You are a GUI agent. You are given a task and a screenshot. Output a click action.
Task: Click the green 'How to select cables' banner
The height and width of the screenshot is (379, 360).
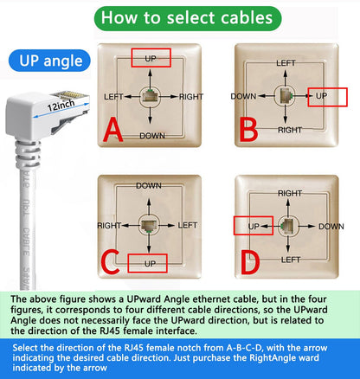pos(179,18)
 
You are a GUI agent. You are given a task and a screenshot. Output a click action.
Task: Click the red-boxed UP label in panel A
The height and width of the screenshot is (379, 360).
pos(151,58)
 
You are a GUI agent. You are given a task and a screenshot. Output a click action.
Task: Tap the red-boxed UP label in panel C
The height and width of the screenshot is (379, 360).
pos(147,263)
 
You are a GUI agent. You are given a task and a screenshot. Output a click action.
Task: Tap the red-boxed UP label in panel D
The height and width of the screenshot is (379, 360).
pos(254,226)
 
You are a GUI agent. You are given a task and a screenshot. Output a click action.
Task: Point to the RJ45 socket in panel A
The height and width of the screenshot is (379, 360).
pos(151,97)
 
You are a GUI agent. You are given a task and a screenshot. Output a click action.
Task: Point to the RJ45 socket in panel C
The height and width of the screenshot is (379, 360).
pos(147,225)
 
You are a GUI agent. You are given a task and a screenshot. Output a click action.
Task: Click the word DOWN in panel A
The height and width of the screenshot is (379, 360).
pos(151,136)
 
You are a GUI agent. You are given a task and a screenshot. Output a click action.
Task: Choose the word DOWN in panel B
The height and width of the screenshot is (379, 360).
pos(243,96)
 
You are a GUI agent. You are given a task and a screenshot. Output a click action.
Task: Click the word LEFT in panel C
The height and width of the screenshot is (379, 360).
pos(188,225)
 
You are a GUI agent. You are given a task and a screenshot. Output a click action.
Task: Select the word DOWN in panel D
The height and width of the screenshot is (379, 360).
pos(331,226)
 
